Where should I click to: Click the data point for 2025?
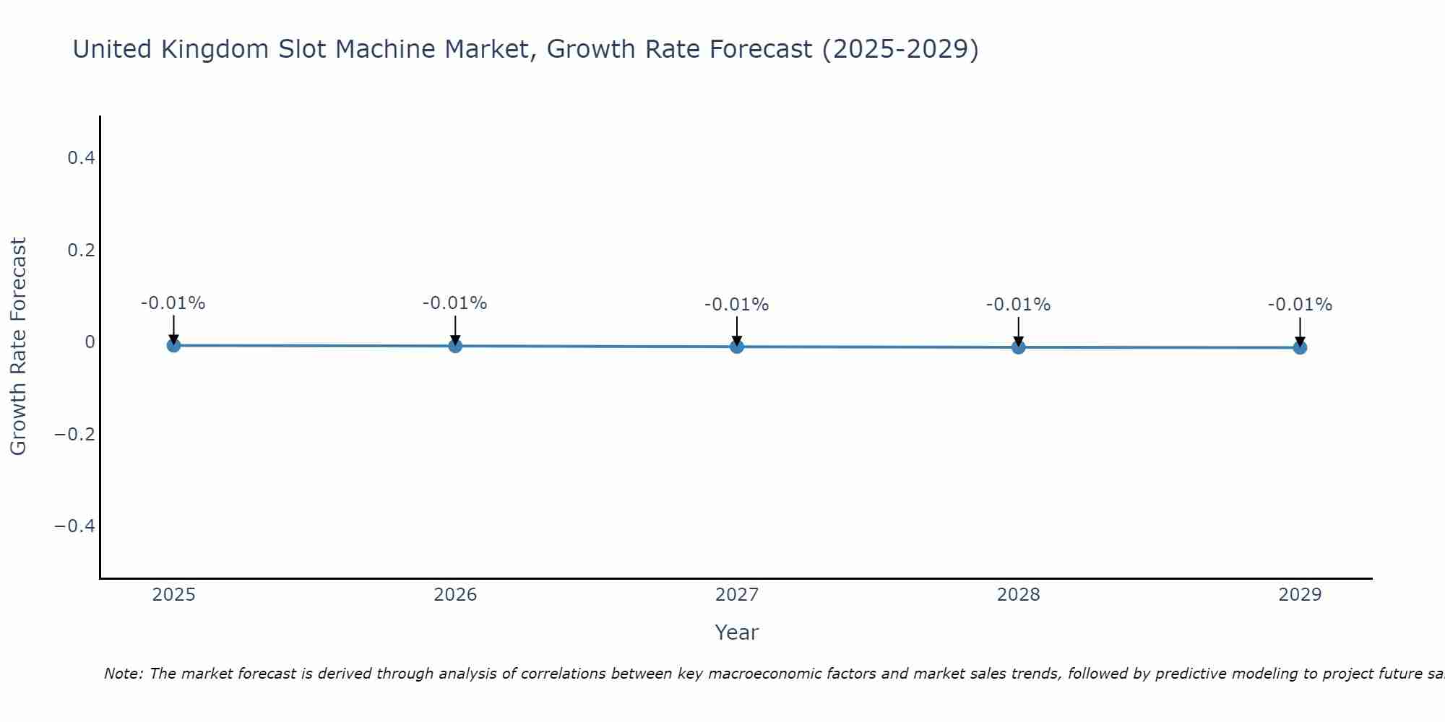pos(173,345)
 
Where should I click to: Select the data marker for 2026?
pos(455,346)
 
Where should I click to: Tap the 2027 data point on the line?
pos(737,347)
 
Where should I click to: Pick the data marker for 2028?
pos(1019,347)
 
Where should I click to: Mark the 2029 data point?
pos(1300,348)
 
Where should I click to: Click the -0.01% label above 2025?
pos(173,303)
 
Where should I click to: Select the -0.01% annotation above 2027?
pos(737,305)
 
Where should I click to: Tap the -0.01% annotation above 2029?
pos(1300,305)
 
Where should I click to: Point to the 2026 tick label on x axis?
pos(455,595)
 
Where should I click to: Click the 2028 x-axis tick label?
pos(1019,595)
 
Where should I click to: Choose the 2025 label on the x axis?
pos(174,595)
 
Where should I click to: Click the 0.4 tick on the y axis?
pos(82,157)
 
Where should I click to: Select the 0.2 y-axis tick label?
pos(82,250)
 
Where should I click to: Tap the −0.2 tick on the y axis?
pos(75,434)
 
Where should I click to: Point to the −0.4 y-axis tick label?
pos(75,526)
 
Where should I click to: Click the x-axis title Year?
pos(737,632)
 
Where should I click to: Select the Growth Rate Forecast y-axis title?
pos(18,347)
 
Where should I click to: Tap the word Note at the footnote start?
pos(123,674)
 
